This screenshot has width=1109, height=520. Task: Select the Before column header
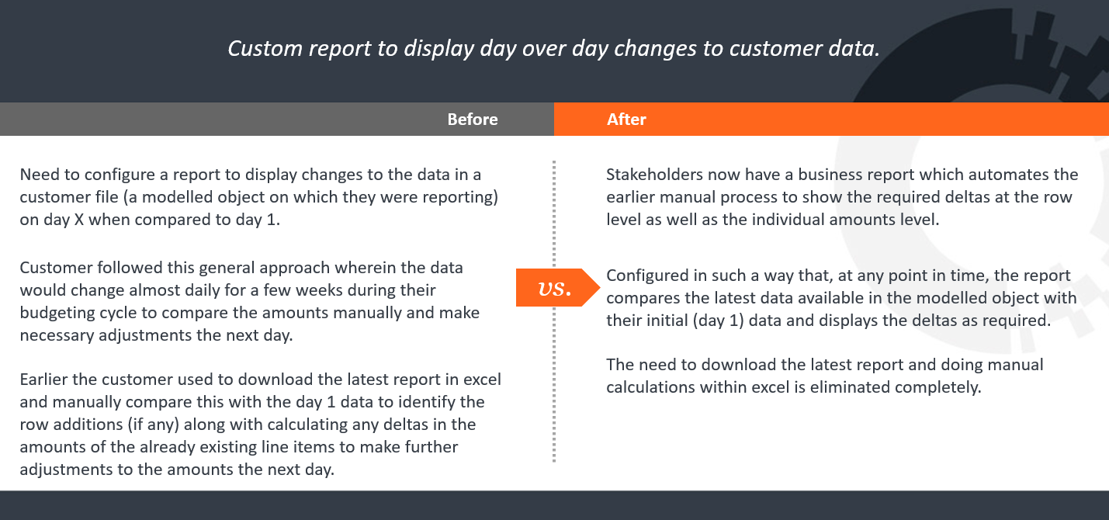click(472, 120)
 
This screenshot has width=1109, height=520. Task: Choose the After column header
click(626, 120)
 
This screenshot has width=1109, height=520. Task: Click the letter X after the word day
click(78, 220)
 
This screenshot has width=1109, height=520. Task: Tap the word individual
click(764, 220)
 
